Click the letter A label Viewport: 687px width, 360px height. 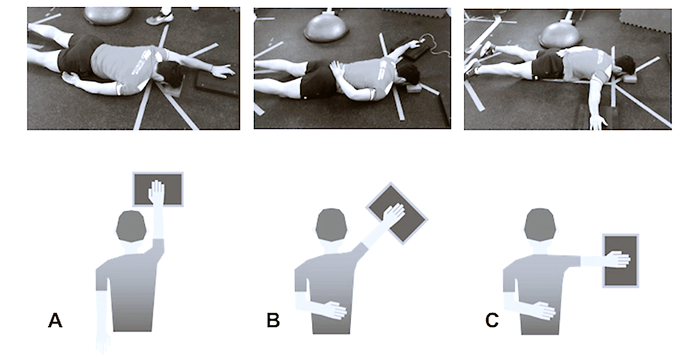click(x=56, y=321)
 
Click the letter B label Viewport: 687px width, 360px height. click(x=273, y=321)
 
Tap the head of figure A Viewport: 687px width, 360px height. click(x=130, y=226)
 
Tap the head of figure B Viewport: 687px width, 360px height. click(x=331, y=226)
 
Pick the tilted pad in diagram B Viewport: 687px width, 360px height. click(x=396, y=212)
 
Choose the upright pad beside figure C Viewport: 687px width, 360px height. click(x=620, y=260)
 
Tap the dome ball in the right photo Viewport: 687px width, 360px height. click(x=561, y=33)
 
